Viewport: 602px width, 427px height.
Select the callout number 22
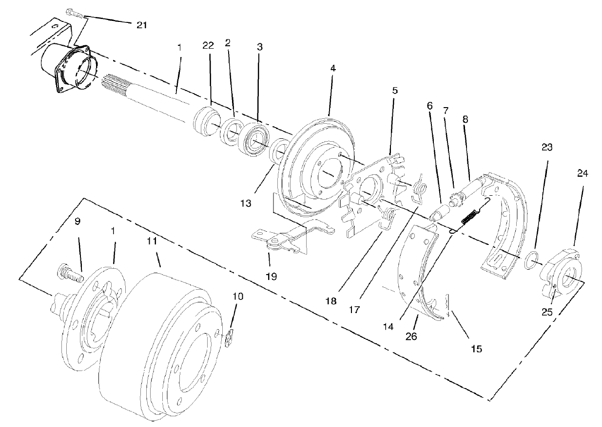point(208,45)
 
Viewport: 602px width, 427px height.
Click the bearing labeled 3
point(256,138)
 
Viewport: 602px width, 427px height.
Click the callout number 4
point(333,69)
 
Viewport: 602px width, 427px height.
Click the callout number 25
point(547,312)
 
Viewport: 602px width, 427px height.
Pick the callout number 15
point(476,349)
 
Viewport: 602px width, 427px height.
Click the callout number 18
point(331,301)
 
